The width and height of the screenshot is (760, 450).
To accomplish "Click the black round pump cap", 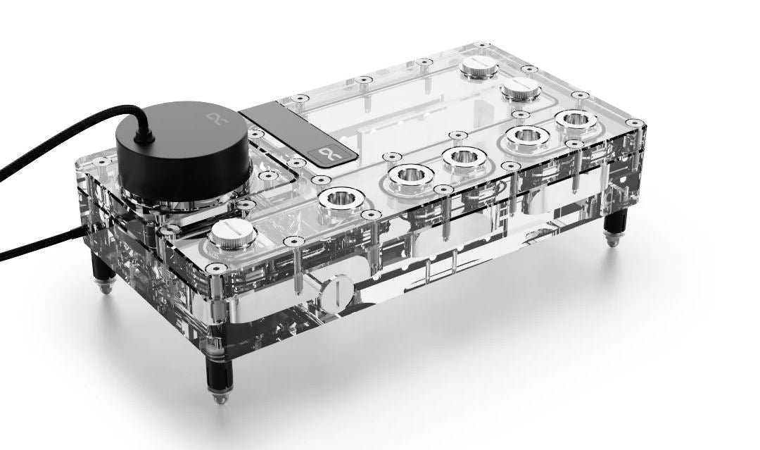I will pos(182,144).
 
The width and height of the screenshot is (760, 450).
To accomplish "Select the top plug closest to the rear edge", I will pos(479,68).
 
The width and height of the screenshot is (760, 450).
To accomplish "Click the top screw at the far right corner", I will pos(634,123).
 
